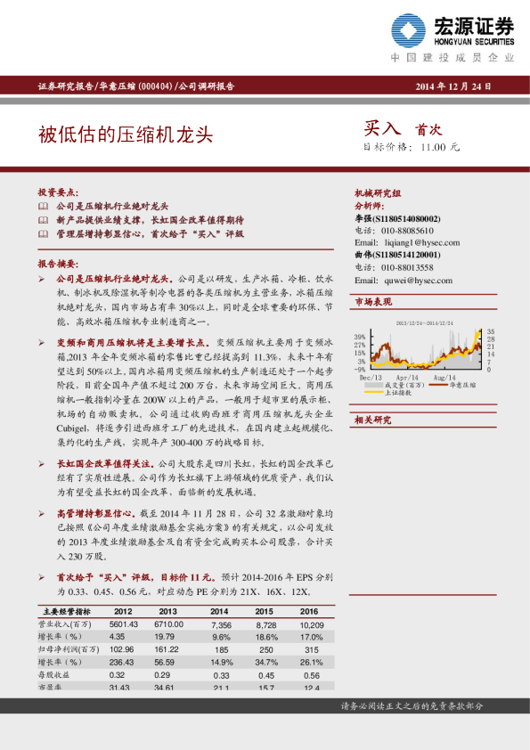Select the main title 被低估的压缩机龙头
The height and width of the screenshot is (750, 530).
pos(126,134)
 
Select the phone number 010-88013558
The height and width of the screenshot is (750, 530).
pos(408,267)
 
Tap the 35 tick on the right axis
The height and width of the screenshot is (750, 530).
pos(490,331)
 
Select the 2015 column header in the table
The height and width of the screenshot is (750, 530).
pos(265,612)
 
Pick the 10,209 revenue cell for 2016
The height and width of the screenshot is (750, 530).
pos(308,625)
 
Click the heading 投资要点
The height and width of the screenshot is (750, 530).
pos(58,192)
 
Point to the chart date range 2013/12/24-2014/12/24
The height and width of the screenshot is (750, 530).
pos(424,323)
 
